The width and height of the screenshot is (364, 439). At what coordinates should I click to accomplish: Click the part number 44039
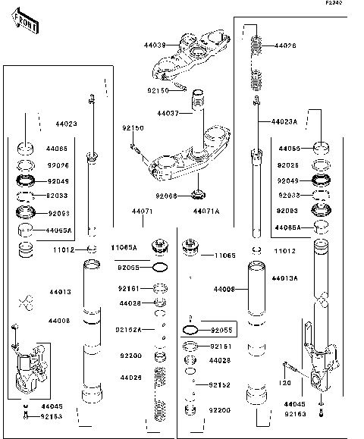point(155,45)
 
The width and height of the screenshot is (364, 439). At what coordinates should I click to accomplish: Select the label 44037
point(168,114)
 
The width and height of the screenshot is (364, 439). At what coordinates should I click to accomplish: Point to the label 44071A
point(206,211)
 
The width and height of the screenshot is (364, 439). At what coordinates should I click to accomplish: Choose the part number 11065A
point(125,247)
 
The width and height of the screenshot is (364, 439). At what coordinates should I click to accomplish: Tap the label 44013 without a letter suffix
point(61,291)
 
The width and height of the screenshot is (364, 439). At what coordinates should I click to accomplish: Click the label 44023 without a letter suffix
point(66,123)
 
